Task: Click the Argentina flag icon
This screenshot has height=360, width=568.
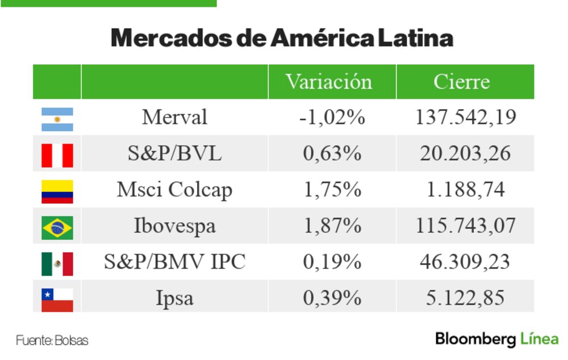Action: (57, 119)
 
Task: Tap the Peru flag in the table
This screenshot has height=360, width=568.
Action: (57, 155)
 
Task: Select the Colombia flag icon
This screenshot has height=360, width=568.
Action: (57, 191)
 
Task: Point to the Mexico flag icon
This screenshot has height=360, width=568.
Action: (57, 263)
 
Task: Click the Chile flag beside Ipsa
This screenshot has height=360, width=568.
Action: (57, 299)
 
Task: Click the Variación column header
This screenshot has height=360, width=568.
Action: (329, 82)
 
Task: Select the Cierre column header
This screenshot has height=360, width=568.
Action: (461, 82)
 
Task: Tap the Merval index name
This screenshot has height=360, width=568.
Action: (174, 118)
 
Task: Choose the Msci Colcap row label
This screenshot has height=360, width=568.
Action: (174, 190)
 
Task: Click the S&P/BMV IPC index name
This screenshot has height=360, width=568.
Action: (174, 262)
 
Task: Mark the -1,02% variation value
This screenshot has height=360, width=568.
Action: (332, 118)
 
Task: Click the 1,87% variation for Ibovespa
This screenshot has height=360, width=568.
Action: (332, 226)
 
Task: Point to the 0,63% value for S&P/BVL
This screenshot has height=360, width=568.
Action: (332, 154)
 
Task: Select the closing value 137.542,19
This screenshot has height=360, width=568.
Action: (465, 118)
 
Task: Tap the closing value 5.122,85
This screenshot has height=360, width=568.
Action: (465, 298)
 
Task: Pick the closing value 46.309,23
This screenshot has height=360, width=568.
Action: (465, 262)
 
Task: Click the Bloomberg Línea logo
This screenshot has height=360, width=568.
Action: (496, 340)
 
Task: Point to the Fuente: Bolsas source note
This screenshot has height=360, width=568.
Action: (52, 341)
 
